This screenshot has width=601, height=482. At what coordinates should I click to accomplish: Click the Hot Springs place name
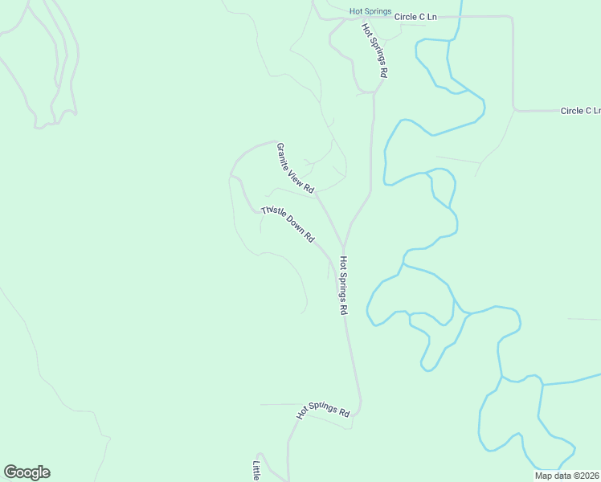click(x=370, y=11)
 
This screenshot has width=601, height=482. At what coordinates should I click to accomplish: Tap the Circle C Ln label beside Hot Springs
click(x=416, y=15)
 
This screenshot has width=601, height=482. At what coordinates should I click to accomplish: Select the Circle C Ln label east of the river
click(x=580, y=111)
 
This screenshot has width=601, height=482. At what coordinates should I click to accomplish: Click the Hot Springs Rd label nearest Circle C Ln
click(x=375, y=50)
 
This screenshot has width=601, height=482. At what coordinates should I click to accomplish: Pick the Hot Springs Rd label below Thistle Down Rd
click(x=343, y=285)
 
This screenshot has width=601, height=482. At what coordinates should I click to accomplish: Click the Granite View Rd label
click(x=295, y=168)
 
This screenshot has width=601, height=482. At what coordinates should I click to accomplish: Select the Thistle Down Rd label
click(x=287, y=224)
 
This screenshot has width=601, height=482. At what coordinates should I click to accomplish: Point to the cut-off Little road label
click(x=256, y=471)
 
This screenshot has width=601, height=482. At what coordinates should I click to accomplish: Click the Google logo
click(x=27, y=472)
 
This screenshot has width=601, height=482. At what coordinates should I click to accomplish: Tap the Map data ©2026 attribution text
click(x=567, y=476)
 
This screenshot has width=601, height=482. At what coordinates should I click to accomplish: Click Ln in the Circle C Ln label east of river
click(x=595, y=111)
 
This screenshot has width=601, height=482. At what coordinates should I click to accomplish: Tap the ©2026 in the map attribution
click(x=585, y=476)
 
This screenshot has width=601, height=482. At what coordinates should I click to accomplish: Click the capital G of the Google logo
click(x=10, y=472)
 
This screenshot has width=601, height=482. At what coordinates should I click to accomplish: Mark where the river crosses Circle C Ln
click(x=460, y=16)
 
